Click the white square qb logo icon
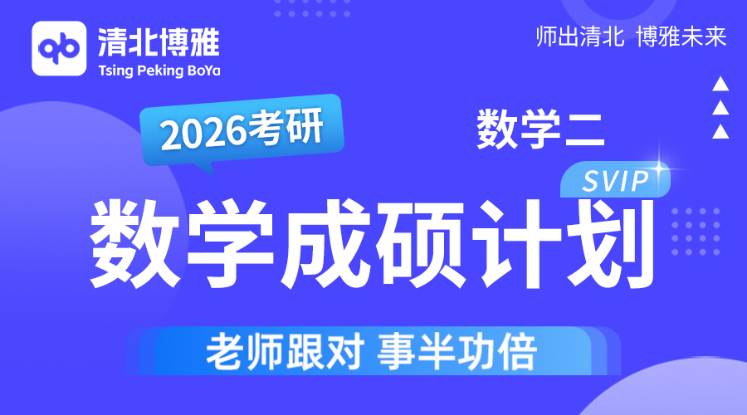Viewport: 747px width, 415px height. pyautogui.click(x=59, y=49)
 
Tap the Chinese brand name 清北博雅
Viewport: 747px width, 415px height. pyautogui.click(x=159, y=42)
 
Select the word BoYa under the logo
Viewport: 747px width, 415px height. pyautogui.click(x=204, y=71)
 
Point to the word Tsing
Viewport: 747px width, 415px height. pyautogui.click(x=115, y=71)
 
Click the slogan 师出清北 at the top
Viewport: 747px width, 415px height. pyautogui.click(x=580, y=37)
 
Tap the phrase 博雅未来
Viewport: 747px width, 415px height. pyautogui.click(x=681, y=37)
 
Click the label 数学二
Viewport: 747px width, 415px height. pyautogui.click(x=540, y=129)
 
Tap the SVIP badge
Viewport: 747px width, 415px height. pyautogui.click(x=615, y=181)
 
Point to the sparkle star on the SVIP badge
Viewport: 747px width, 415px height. pyautogui.click(x=660, y=168)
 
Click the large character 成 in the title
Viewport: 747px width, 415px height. pyautogui.click(x=325, y=243)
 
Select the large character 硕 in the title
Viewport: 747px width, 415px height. pyautogui.click(x=420, y=243)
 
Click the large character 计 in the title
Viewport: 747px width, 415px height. pyautogui.click(x=516, y=243)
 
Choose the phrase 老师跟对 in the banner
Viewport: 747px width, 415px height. pyautogui.click(x=286, y=352)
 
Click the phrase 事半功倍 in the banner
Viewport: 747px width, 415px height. pyautogui.click(x=457, y=352)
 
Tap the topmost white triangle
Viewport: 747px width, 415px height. pyautogui.click(x=720, y=84)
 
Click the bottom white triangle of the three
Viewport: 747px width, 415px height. pyautogui.click(x=720, y=131)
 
